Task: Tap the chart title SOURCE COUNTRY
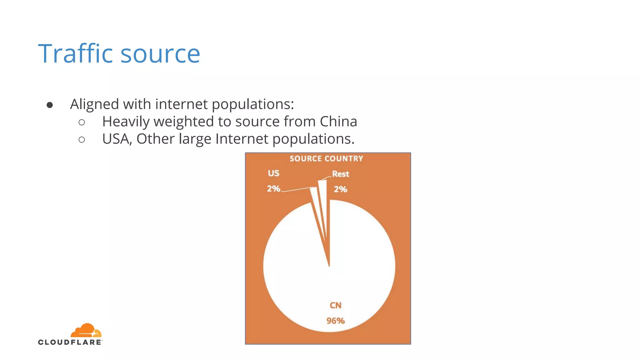click(326, 159)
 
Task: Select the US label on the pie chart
click(273, 173)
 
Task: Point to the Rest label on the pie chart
click(340, 174)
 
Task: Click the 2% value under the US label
click(273, 189)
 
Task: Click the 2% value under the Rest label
click(340, 189)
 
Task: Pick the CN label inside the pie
click(336, 305)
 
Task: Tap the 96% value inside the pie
click(336, 321)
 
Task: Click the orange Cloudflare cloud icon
click(86, 331)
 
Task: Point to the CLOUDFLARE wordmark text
click(70, 342)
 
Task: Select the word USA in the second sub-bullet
click(117, 139)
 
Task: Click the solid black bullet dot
click(50, 105)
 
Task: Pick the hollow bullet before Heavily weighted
click(82, 122)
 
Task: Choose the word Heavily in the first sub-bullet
click(126, 122)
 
